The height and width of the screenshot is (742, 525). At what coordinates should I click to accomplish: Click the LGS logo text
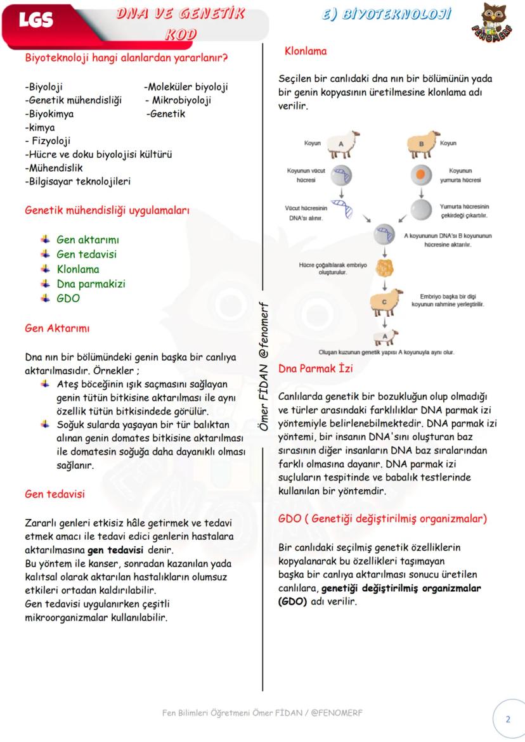pyautogui.click(x=36, y=21)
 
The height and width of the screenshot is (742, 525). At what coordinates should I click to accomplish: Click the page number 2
pyautogui.click(x=507, y=719)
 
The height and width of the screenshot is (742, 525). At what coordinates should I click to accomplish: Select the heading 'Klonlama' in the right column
pyautogui.click(x=306, y=51)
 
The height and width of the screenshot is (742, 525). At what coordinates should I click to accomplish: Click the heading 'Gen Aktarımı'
pyautogui.click(x=57, y=328)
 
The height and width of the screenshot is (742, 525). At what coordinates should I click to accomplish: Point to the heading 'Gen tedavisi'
pyautogui.click(x=55, y=494)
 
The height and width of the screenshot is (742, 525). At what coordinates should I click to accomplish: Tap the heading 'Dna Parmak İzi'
pyautogui.click(x=316, y=368)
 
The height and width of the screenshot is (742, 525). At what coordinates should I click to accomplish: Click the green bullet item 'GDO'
pyautogui.click(x=68, y=298)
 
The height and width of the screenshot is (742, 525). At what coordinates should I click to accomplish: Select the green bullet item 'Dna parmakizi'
pyautogui.click(x=91, y=284)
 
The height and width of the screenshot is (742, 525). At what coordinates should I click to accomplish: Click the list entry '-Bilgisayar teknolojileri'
pyautogui.click(x=77, y=181)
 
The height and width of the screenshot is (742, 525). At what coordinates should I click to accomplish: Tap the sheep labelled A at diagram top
pyautogui.click(x=342, y=144)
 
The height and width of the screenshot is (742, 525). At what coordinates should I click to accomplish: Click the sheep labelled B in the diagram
pyautogui.click(x=419, y=144)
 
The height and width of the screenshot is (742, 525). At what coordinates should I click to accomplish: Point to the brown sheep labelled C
pyautogui.click(x=386, y=301)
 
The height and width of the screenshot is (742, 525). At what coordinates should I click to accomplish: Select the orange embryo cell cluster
pyautogui.click(x=382, y=265)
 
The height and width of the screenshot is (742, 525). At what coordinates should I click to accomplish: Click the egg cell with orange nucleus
pyautogui.click(x=420, y=174)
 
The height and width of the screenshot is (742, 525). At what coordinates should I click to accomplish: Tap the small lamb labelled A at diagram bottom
pyautogui.click(x=385, y=336)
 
